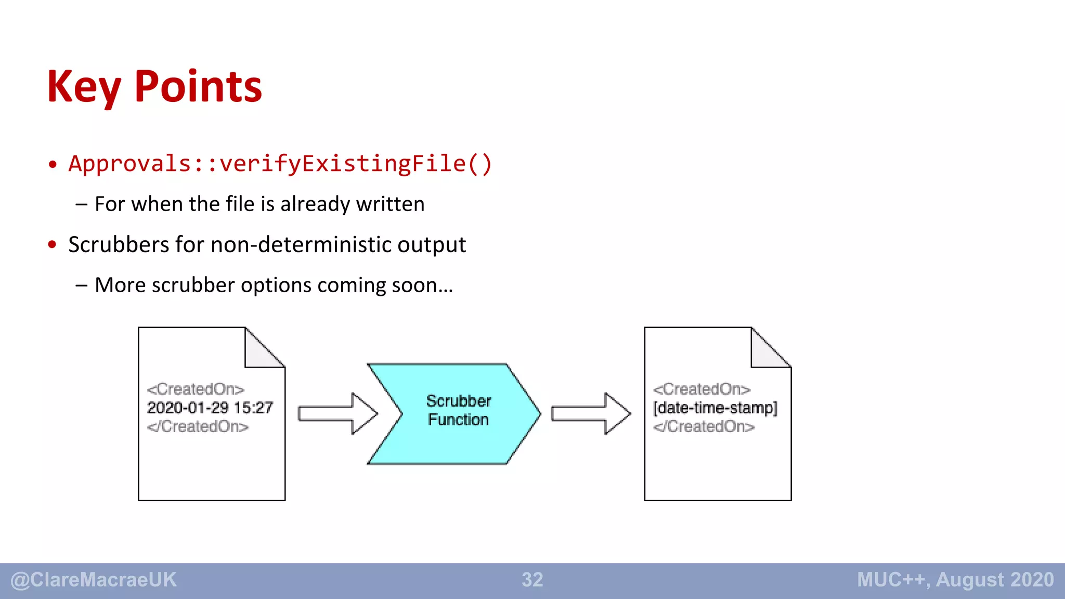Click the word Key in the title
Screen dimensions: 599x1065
tap(83, 87)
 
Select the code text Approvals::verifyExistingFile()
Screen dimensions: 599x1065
tap(280, 163)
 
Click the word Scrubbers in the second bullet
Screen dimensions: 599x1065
tap(118, 244)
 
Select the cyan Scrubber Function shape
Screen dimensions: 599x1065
tap(458, 413)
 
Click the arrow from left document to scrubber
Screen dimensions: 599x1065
tap(337, 413)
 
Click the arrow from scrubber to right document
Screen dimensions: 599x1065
tap(590, 413)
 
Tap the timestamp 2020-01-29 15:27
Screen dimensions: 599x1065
tap(210, 408)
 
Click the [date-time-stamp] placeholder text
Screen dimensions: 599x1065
tap(715, 408)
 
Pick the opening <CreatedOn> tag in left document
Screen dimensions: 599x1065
tap(196, 389)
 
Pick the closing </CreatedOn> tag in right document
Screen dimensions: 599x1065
tap(704, 426)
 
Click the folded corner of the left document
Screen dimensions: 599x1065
tap(260, 351)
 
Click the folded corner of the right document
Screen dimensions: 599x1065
tap(766, 351)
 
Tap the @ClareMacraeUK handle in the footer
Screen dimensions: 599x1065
tap(94, 580)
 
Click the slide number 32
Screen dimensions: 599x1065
tap(532, 580)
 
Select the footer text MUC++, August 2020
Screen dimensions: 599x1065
tap(955, 580)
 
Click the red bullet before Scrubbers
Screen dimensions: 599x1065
tap(52, 244)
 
